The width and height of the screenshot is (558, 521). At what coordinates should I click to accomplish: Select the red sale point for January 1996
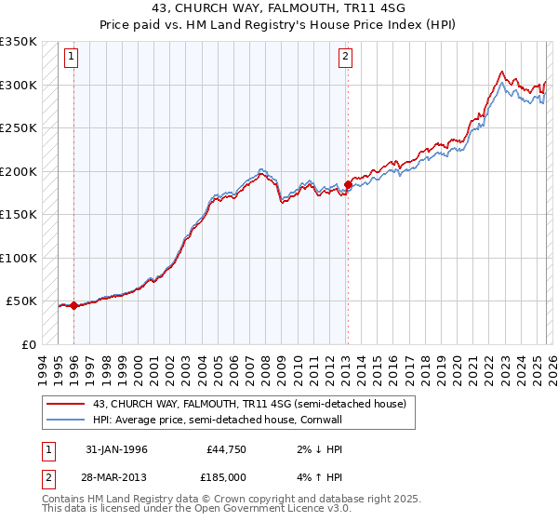tap(73, 305)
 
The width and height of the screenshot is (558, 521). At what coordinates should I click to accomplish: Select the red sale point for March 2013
tap(347, 184)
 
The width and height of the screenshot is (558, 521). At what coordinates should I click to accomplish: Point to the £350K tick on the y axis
tap(19, 42)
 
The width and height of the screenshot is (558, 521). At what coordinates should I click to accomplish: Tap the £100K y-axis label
tap(19, 258)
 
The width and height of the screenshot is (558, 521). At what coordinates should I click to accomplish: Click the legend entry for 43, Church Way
tap(248, 405)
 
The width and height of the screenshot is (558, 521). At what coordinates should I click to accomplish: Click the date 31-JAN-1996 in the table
tap(116, 449)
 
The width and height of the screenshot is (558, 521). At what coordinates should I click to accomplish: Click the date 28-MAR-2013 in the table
tap(116, 476)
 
